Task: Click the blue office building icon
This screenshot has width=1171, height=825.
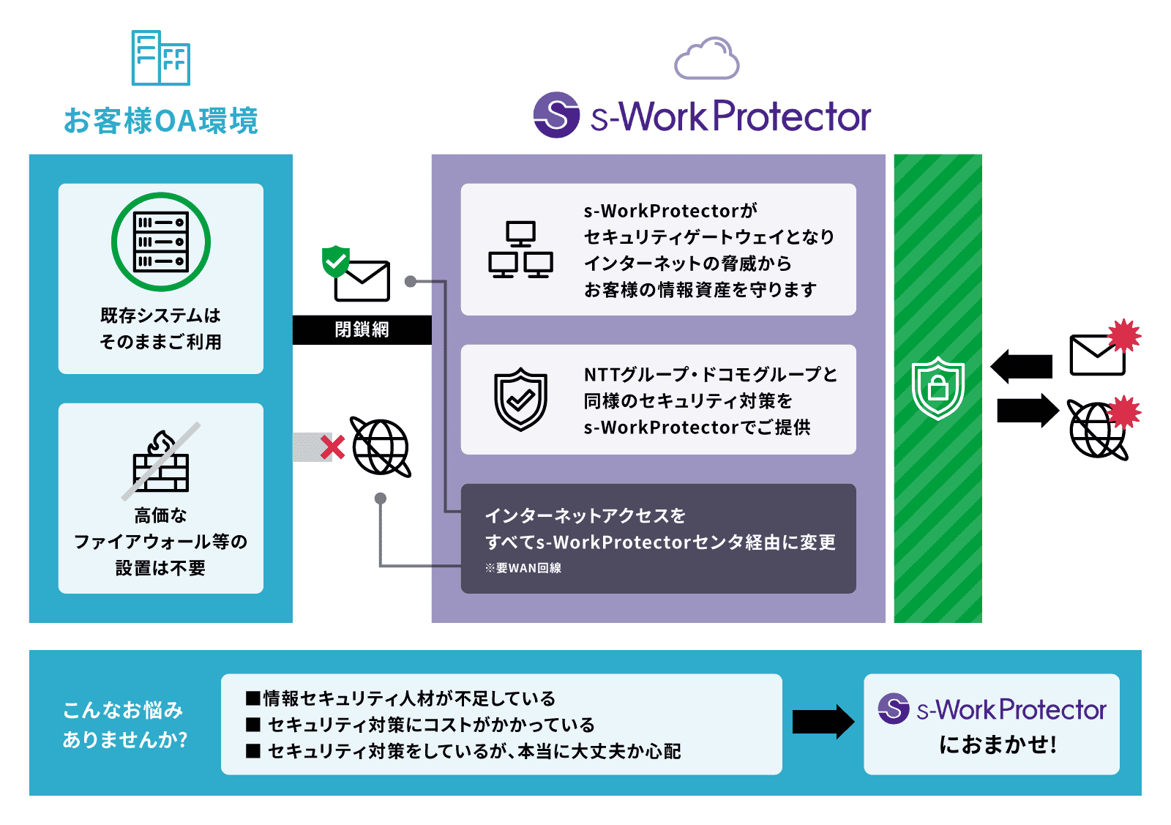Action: point(160,58)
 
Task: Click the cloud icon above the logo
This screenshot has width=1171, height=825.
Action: point(706,59)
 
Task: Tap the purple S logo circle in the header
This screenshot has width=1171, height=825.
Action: point(556,115)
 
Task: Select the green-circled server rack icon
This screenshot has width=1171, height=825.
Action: point(161,242)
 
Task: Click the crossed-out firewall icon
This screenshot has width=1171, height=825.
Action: point(161,461)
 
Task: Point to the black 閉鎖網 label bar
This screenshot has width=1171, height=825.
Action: point(362,329)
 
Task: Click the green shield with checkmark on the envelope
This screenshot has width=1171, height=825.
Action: point(336,261)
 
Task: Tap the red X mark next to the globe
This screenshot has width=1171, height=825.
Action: point(332,447)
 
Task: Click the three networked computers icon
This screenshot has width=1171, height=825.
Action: point(520,250)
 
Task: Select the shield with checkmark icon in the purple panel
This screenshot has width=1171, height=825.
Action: point(520,399)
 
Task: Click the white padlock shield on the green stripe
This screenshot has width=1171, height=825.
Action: point(938,388)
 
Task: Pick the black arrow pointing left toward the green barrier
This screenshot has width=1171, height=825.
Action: point(1022,366)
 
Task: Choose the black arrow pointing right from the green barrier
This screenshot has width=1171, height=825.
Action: point(1028,410)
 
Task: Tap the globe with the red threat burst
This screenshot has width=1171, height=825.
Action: point(1098,430)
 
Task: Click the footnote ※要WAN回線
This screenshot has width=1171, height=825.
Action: point(523,568)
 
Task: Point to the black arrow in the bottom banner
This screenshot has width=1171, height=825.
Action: point(823,723)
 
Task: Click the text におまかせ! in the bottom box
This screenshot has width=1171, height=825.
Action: point(998,744)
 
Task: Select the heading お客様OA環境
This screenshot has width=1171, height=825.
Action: point(161,121)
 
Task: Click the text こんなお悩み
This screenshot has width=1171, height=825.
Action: point(123,710)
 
